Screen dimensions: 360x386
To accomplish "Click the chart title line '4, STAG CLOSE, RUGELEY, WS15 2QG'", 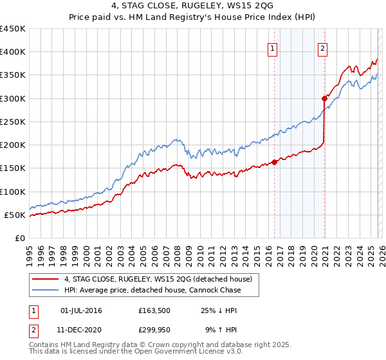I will (192, 6).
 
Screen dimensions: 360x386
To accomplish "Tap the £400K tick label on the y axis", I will (13, 52).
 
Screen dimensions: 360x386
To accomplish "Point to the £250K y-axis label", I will (13, 122).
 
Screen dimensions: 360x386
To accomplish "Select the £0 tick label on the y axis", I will (21, 238).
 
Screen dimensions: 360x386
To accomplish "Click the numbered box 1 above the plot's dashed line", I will (273, 48).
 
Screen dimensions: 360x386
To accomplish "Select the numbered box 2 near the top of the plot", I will (322, 48).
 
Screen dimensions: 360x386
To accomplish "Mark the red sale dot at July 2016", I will (274, 162).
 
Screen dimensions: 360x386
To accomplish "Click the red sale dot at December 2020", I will (324, 98).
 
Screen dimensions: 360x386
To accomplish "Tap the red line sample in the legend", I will (46, 279).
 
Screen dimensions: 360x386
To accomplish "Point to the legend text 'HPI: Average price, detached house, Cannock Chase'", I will (152, 290).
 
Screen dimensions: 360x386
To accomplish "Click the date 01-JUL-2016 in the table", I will (81, 310).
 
